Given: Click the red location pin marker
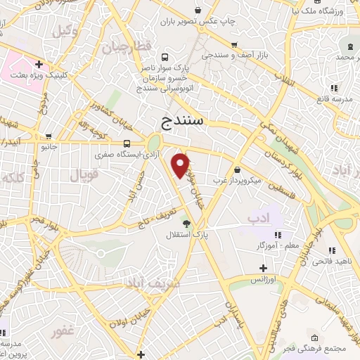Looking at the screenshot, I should (x=181, y=166).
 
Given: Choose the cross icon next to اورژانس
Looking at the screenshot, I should (x=264, y=268).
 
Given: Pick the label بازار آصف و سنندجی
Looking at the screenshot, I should (x=229, y=53).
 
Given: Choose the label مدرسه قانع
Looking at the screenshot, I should (x=333, y=98).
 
